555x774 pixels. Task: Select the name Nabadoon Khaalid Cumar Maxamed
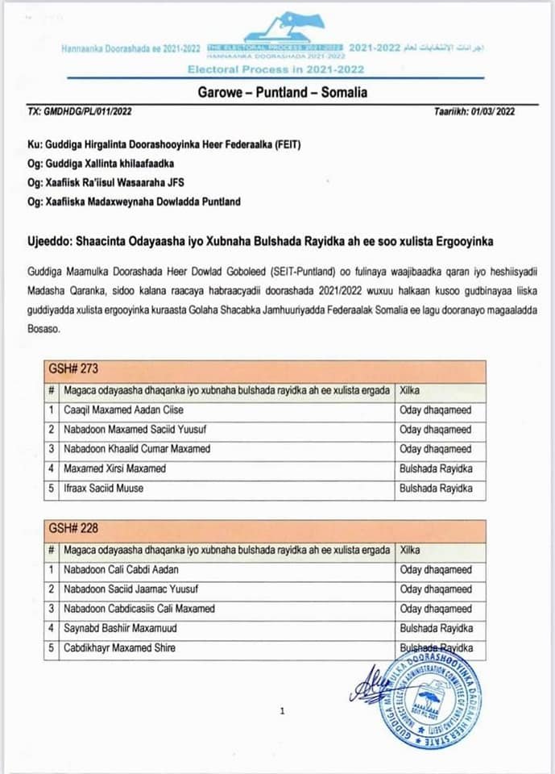point(136,449)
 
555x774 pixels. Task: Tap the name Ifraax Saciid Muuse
point(106,488)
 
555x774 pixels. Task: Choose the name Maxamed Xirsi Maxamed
point(114,468)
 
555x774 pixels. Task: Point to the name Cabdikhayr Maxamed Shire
point(119,647)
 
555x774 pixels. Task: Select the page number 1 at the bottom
point(282,711)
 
